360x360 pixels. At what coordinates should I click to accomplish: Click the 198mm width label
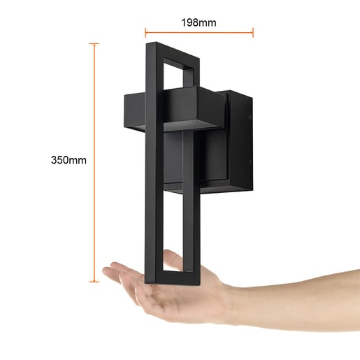pos(199,23)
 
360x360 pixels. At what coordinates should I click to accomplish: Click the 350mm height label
pos(69,160)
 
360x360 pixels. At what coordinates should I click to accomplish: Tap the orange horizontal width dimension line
pos(199,32)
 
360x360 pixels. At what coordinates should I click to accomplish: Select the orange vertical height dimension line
pos(94,163)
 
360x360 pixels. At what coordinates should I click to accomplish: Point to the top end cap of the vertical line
pos(94,43)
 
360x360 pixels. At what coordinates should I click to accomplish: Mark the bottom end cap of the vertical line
pos(94,282)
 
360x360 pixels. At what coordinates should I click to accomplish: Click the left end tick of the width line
pos(145,32)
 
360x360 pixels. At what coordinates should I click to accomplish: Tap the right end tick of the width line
pos(253,32)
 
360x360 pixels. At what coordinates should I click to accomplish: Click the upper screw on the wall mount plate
pos(250,117)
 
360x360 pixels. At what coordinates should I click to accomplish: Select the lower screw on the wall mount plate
pos(250,162)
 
